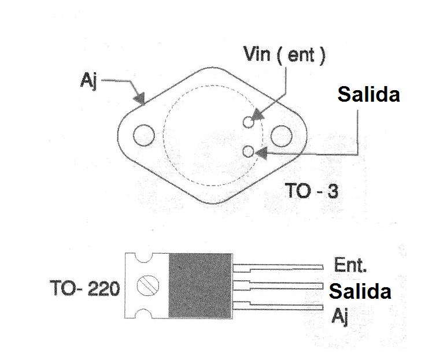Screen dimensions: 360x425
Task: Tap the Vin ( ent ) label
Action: (284, 56)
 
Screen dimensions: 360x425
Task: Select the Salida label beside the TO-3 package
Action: (369, 95)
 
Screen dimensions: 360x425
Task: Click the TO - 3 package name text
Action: (312, 190)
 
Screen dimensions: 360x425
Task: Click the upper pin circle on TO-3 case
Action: (249, 122)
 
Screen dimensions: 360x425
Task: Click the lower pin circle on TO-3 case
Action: (249, 151)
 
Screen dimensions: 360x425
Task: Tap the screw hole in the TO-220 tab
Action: (147, 285)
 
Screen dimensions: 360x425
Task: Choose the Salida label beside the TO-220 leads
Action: (359, 291)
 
